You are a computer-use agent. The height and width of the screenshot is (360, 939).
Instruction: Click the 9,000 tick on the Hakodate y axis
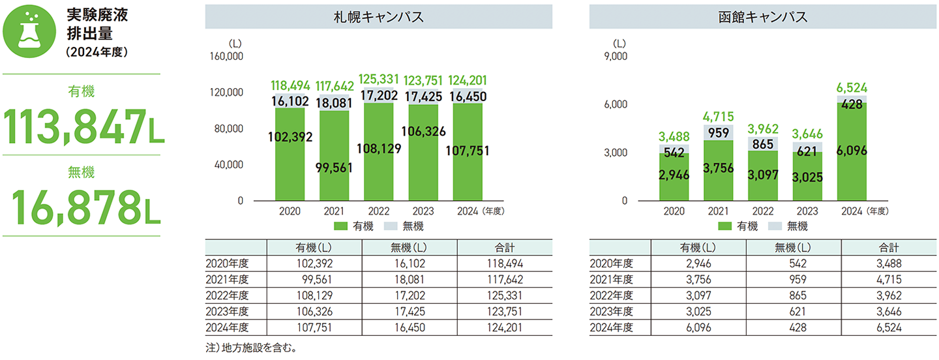616,57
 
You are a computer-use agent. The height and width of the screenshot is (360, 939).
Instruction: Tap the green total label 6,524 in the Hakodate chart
852,88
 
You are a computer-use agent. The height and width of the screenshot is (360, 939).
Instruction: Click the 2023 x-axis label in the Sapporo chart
424,211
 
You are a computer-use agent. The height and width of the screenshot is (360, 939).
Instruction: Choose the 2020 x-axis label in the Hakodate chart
674,211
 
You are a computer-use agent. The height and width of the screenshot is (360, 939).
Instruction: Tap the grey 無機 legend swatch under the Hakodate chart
776,226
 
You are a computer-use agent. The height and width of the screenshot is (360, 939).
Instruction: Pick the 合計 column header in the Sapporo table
504,248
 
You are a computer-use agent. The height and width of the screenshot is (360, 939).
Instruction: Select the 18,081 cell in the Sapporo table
410,280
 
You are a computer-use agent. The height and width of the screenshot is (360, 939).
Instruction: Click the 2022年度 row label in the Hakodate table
612,295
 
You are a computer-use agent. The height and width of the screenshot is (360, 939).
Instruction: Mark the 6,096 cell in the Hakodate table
698,327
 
